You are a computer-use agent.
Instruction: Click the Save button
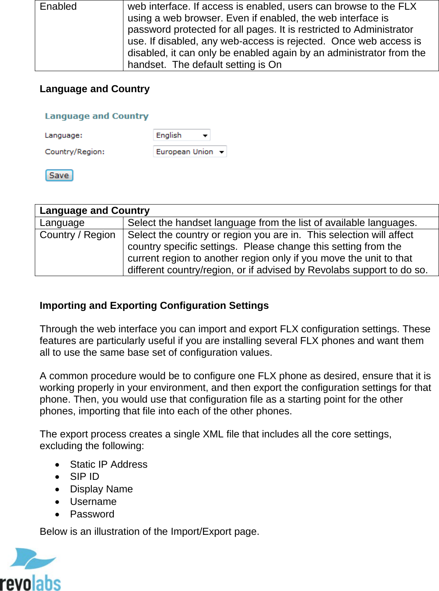(x=59, y=175)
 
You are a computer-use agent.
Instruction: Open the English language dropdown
(x=182, y=135)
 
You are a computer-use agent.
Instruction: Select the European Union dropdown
(x=190, y=152)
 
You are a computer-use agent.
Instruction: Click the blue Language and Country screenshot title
(x=97, y=116)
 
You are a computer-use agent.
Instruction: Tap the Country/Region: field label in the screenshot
(x=74, y=152)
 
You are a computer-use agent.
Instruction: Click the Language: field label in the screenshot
(x=64, y=135)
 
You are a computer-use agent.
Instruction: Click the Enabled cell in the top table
(x=58, y=6)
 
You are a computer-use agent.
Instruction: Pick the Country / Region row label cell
(x=77, y=235)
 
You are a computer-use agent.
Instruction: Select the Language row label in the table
(x=62, y=223)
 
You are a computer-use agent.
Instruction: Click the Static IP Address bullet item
(x=108, y=464)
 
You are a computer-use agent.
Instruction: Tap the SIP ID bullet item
(x=84, y=477)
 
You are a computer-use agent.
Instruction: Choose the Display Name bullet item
(x=101, y=489)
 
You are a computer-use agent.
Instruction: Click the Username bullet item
(x=93, y=502)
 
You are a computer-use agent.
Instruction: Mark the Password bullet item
(x=92, y=514)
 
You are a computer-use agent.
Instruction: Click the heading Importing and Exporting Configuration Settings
(x=154, y=306)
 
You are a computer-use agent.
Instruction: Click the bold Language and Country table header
(x=95, y=211)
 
